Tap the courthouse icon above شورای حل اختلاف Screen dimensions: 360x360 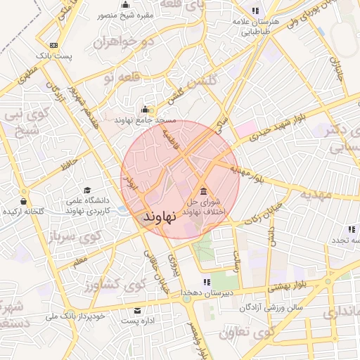click(x=203, y=192)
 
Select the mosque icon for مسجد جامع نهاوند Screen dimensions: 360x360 click(x=146, y=110)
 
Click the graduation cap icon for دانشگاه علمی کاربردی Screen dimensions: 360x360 click(x=87, y=190)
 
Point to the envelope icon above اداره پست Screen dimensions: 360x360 click(x=136, y=310)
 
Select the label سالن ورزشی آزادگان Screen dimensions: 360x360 click(x=270, y=307)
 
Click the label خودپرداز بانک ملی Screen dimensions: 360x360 click(x=75, y=316)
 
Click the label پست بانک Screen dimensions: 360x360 click(x=56, y=54)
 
